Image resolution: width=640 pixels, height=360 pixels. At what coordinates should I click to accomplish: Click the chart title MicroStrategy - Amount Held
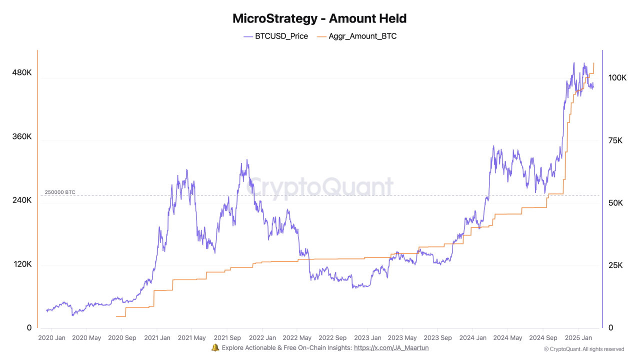pos(319,19)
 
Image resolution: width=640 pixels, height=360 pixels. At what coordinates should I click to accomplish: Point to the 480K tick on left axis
pos(21,72)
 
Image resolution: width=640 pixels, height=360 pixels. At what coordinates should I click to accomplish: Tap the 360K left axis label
pos(21,136)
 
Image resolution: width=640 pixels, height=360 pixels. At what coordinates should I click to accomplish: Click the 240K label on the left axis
pos(21,200)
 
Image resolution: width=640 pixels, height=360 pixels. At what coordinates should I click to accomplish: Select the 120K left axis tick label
pos(21,264)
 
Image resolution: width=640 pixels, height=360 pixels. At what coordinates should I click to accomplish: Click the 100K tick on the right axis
pos(617,78)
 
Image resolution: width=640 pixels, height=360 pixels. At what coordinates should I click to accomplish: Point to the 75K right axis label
pos(615,140)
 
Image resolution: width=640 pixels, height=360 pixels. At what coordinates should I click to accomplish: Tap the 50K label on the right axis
pos(615,203)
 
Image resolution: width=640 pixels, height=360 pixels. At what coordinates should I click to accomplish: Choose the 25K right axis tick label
pos(615,265)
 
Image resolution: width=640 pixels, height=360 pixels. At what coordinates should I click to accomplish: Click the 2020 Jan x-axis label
pos(52,338)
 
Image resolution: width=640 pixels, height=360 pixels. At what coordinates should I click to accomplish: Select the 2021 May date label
pos(192,338)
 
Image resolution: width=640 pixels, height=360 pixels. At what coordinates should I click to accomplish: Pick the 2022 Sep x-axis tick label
pos(332,338)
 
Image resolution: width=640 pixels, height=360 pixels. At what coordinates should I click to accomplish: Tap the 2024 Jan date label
pos(472,338)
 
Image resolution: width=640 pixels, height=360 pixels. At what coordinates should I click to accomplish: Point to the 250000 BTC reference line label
pos(60,192)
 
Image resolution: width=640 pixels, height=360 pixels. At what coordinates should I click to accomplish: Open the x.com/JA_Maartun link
pos(391,348)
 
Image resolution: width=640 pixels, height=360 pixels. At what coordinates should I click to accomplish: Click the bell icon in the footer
pos(215,347)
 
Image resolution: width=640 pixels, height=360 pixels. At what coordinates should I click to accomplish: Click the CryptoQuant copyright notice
pos(584,349)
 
